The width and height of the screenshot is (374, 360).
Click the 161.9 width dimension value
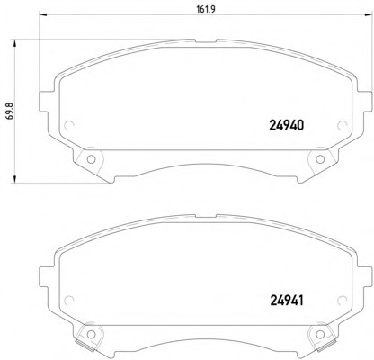tap(206, 9)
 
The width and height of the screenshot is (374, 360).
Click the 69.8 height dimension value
tap(9, 112)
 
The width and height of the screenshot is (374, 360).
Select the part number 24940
tap(287, 125)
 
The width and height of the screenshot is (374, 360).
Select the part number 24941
tap(287, 301)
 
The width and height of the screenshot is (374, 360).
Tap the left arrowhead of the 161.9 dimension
tap(44, 14)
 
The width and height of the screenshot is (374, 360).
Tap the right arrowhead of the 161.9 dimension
tap(368, 14)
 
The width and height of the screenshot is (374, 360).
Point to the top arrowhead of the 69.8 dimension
tap(14, 44)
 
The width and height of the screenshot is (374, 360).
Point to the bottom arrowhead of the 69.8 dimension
tap(14, 178)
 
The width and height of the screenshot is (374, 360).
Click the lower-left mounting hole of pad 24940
tap(91, 159)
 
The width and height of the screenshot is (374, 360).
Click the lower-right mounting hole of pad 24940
tap(320, 159)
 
